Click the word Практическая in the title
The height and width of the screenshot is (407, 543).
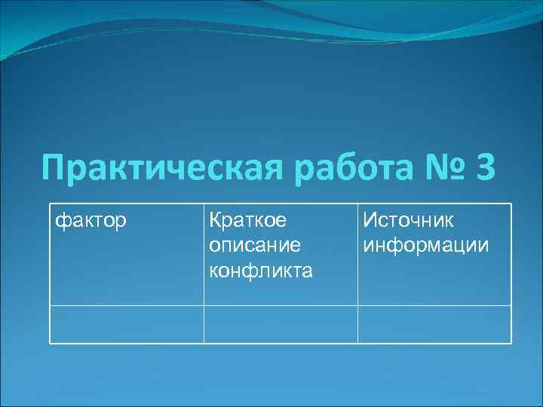point(163,167)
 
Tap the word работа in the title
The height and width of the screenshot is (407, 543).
point(348,167)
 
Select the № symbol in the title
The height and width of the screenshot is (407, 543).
point(439,167)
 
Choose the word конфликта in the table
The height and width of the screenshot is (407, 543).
point(260,270)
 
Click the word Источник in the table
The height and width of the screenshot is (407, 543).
point(408,222)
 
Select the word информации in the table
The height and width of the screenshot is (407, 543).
point(425,246)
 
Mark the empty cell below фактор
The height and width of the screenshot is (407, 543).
point(127,324)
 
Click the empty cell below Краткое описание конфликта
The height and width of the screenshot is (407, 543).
point(281,324)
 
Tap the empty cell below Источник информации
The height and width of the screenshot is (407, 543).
point(434,324)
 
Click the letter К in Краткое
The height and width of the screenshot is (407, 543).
point(215,222)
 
